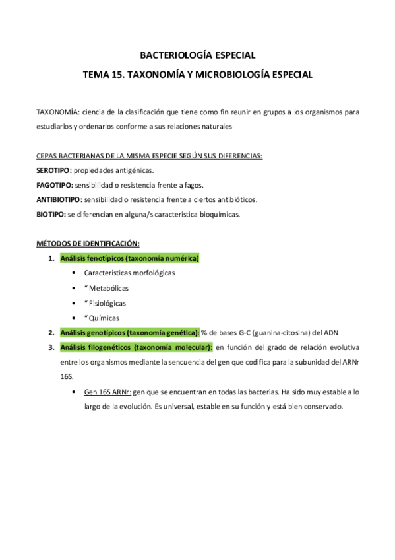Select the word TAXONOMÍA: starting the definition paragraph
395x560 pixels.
point(57,112)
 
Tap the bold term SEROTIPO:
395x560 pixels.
point(54,170)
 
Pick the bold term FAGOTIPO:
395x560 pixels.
point(55,184)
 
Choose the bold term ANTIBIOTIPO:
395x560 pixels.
point(59,199)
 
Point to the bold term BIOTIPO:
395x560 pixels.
point(51,213)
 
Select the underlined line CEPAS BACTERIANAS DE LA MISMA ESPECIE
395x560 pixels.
point(149,156)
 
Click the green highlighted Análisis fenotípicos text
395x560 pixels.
point(129,258)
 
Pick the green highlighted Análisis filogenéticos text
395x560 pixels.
point(135,347)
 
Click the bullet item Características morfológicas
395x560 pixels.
point(130,273)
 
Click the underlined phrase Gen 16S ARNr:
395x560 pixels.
point(107,392)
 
